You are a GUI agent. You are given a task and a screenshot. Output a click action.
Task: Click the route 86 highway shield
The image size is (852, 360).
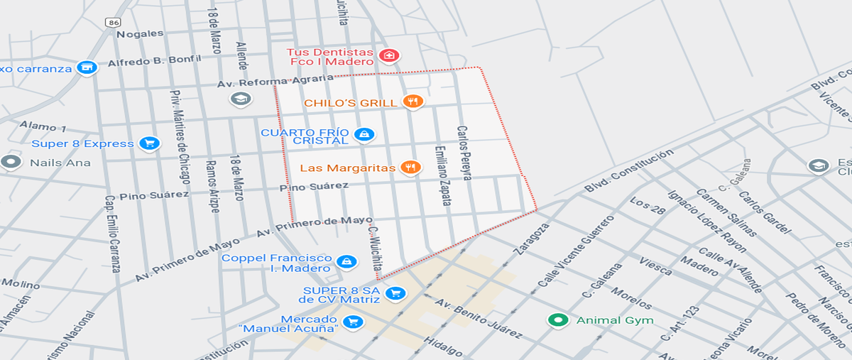click(114, 22)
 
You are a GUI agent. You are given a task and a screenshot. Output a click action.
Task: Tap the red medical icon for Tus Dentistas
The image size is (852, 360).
click(388, 55)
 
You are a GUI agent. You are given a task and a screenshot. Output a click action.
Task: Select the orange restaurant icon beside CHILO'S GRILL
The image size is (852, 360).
click(413, 102)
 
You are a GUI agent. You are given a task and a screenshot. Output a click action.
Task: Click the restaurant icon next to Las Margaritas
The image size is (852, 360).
click(410, 168)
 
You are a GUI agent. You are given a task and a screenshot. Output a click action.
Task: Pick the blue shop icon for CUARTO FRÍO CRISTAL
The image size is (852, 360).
click(364, 134)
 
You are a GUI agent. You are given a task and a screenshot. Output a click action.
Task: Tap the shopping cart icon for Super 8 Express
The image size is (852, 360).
click(149, 143)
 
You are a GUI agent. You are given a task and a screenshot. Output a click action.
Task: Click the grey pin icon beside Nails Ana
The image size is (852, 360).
click(11, 162)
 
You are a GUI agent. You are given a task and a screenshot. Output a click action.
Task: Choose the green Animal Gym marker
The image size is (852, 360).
click(558, 320)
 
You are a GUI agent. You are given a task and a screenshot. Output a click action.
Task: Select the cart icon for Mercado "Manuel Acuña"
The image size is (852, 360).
click(351, 322)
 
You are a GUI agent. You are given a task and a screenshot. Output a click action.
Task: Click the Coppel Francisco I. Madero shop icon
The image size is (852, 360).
click(346, 262)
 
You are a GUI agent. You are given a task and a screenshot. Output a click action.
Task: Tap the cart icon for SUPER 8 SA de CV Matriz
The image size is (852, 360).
click(395, 293)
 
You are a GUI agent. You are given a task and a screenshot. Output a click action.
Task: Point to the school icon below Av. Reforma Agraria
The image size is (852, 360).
click(241, 99)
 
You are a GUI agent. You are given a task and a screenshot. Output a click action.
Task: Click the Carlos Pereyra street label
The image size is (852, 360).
click(464, 153)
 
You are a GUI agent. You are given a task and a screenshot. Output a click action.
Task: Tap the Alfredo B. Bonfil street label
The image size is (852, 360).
click(154, 62)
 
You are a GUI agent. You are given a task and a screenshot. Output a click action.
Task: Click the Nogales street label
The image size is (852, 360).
click(140, 33)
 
